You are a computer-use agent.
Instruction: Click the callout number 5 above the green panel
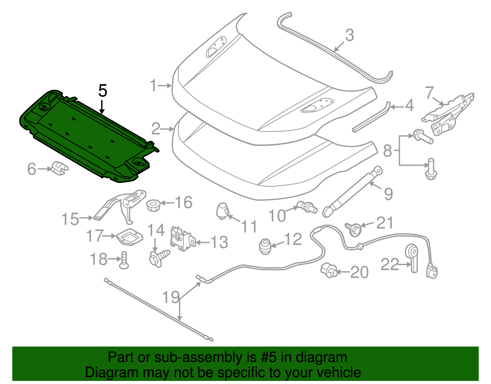[103, 91]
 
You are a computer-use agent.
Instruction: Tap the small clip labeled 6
[59, 168]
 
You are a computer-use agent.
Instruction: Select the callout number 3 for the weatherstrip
[350, 35]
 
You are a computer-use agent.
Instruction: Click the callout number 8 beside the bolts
[388, 151]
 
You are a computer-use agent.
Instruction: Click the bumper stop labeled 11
[222, 211]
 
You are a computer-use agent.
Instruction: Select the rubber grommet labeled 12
[265, 247]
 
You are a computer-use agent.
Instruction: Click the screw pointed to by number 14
[159, 257]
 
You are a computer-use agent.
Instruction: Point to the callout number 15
[70, 219]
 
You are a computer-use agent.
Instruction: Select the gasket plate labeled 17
[130, 237]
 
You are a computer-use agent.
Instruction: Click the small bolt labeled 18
[124, 260]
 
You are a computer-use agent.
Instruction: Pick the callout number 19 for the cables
[171, 297]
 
